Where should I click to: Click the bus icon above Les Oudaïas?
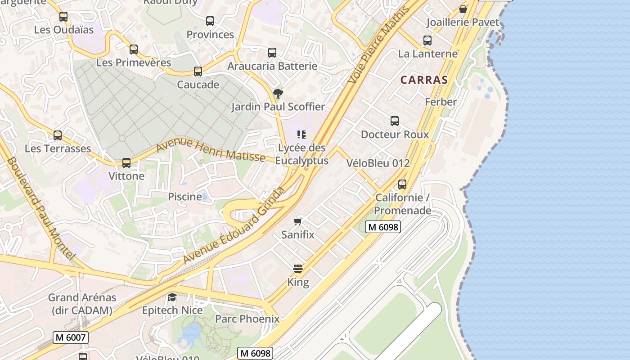(63, 17)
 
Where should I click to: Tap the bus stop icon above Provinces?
(210, 21)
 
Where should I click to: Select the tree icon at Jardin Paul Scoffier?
(278, 94)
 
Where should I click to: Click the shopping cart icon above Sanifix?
(297, 221)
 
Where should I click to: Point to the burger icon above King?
(297, 269)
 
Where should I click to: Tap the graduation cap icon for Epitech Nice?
(172, 297)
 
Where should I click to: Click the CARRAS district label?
(424, 80)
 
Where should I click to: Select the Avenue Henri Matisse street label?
(211, 150)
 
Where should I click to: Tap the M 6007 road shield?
(71, 337)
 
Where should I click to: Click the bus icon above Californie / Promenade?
(402, 184)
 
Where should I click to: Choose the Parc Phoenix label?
(247, 319)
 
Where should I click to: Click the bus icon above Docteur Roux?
(395, 121)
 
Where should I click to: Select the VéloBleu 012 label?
(378, 163)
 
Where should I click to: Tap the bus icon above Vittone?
(126, 163)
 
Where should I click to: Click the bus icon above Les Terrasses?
(58, 135)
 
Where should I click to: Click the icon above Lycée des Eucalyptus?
(301, 135)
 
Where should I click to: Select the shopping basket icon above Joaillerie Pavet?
(463, 9)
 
